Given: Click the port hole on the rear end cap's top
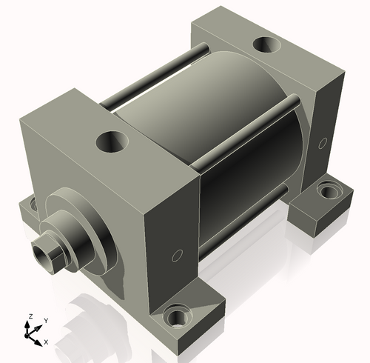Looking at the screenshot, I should coord(264,44).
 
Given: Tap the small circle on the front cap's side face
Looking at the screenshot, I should coord(176,256).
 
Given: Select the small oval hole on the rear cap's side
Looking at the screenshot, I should coord(321,141).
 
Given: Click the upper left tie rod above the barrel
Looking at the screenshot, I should coord(155,74).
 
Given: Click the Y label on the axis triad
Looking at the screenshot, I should coord(45,320).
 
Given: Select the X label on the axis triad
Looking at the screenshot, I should coord(46,342).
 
